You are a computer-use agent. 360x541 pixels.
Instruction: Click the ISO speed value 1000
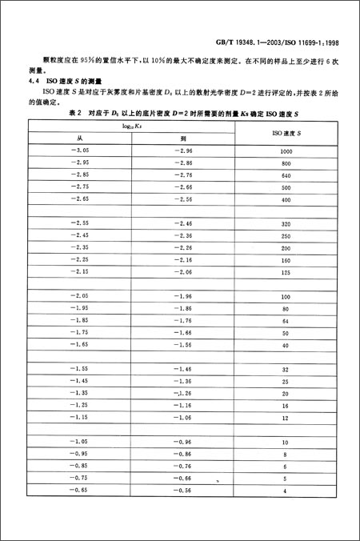286,151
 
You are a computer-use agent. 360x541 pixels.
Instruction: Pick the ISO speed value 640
286,174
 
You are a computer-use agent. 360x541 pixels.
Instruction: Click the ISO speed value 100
286,296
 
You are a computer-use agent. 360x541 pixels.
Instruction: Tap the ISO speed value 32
286,369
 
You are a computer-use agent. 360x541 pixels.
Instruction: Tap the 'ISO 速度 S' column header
286,132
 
